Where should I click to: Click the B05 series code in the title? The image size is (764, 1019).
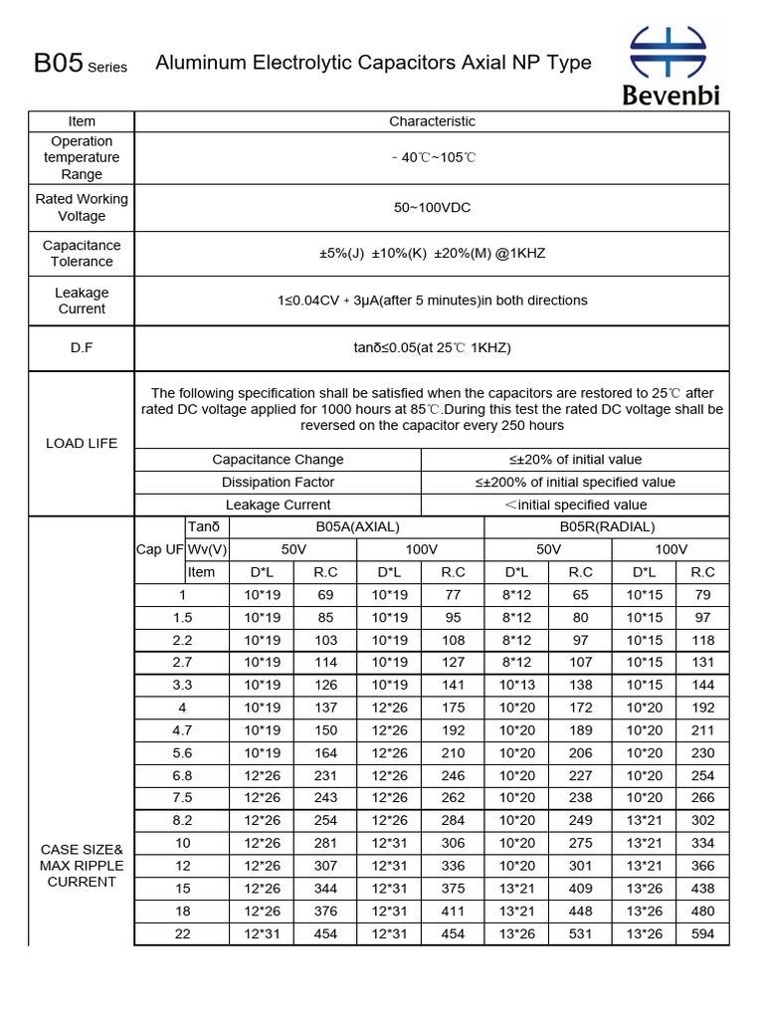click(x=57, y=64)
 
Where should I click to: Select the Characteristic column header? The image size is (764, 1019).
click(x=432, y=121)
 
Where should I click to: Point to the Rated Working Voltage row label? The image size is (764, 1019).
click(x=82, y=207)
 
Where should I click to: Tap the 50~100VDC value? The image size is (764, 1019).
click(x=432, y=207)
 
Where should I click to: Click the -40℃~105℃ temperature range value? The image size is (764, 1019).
click(x=432, y=157)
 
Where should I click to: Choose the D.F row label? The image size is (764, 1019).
click(x=82, y=347)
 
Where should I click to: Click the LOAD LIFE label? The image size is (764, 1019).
click(x=82, y=443)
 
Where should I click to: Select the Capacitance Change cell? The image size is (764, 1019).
click(x=278, y=460)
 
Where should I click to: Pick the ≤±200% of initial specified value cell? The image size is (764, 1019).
click(x=575, y=482)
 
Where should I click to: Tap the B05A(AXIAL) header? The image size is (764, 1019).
click(x=356, y=526)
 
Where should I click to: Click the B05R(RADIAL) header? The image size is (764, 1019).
click(x=607, y=526)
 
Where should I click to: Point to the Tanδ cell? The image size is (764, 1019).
click(x=202, y=526)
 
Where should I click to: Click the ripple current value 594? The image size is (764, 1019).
click(x=702, y=934)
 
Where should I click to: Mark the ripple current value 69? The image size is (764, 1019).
click(x=325, y=595)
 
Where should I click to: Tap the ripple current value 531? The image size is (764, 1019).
click(x=581, y=934)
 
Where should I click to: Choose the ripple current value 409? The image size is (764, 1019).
click(x=581, y=889)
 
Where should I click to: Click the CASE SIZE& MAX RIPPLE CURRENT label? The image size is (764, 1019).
click(x=82, y=866)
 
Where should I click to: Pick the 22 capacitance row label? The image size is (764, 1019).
click(x=183, y=934)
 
